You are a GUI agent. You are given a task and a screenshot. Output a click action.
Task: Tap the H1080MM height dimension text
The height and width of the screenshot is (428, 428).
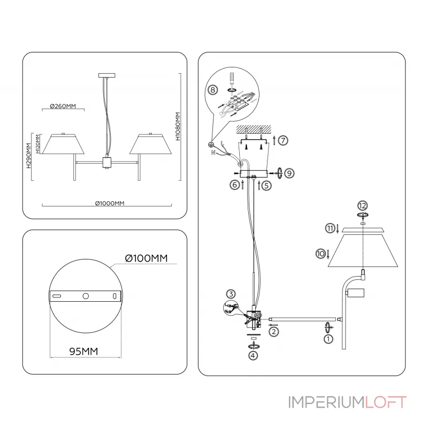pyautogui.click(x=178, y=126)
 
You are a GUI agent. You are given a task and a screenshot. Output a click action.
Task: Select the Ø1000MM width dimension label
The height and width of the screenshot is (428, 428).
pyautogui.click(x=110, y=203)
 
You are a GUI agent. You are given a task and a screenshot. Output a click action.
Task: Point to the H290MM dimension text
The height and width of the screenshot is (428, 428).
pyautogui.click(x=28, y=155)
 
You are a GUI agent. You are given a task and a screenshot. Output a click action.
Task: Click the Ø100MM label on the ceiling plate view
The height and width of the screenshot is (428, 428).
pyautogui.click(x=146, y=258)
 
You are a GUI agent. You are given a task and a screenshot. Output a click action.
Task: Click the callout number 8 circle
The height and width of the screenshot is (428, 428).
pyautogui.click(x=213, y=91)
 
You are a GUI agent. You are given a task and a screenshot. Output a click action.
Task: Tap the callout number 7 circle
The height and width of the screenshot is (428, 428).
pyautogui.click(x=283, y=140)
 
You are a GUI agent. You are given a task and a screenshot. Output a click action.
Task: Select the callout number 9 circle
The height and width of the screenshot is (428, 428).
pyautogui.click(x=288, y=173)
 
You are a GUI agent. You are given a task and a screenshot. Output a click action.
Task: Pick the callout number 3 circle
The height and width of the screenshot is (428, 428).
pyautogui.click(x=231, y=294)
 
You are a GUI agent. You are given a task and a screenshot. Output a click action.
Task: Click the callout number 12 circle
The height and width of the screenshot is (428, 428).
pyautogui.click(x=363, y=205)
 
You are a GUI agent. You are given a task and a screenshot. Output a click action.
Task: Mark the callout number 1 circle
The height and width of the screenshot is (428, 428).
pyautogui.click(x=328, y=338)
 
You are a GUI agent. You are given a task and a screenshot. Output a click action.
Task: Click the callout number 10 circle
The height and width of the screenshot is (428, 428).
pyautogui.click(x=320, y=254)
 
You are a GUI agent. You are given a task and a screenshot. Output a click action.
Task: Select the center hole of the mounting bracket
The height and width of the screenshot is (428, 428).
pyautogui.click(x=86, y=296)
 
